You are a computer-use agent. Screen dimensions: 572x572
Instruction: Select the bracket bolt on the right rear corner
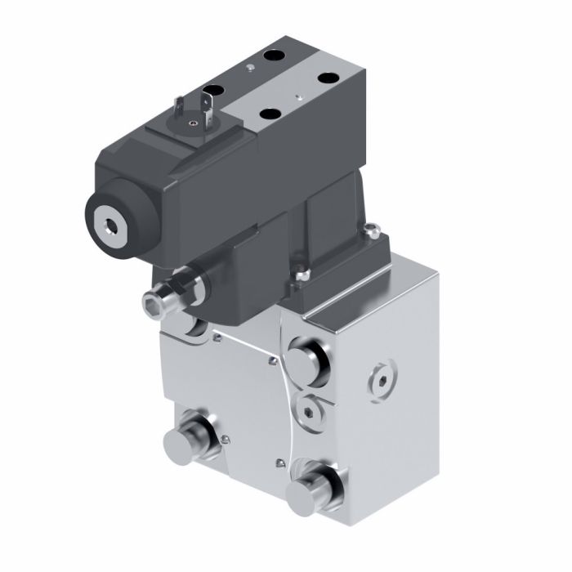pos(372,231)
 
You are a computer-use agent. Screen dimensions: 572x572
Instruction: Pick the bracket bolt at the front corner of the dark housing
pos(303,275)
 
